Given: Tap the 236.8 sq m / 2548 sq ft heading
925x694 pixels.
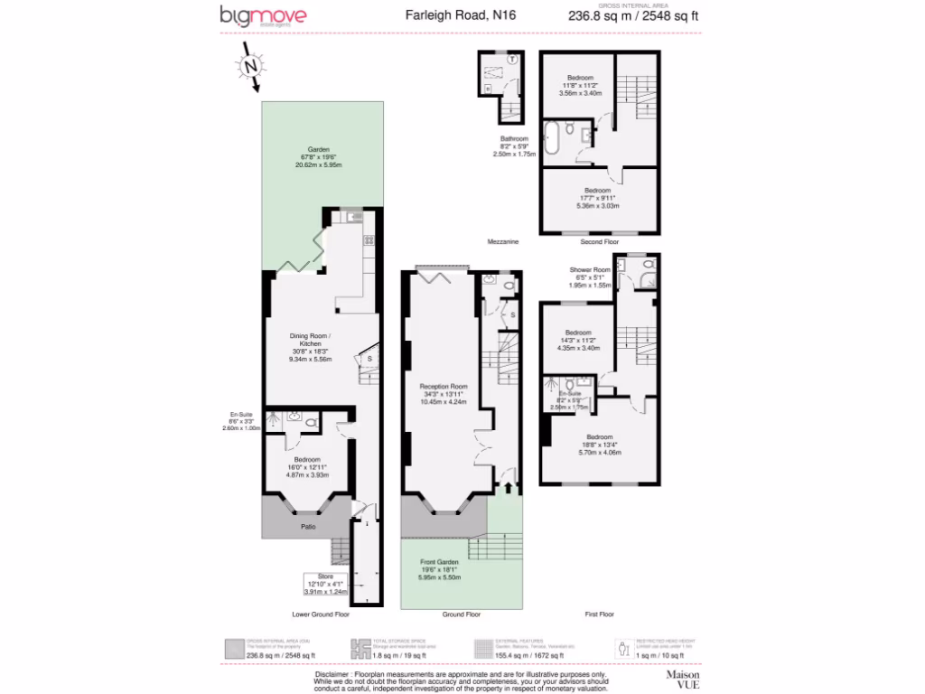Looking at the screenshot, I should [633, 15].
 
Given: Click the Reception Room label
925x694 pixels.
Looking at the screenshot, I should [443, 393].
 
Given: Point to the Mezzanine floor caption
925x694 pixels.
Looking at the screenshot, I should [501, 242].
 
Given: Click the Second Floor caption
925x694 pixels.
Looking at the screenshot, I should [599, 242].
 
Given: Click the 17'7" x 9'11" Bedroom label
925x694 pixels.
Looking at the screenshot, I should [598, 198].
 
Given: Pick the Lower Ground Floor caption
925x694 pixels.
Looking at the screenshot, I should [321, 614].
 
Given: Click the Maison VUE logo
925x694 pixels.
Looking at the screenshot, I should [683, 680].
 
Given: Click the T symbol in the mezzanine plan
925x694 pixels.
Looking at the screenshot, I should [512, 60].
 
